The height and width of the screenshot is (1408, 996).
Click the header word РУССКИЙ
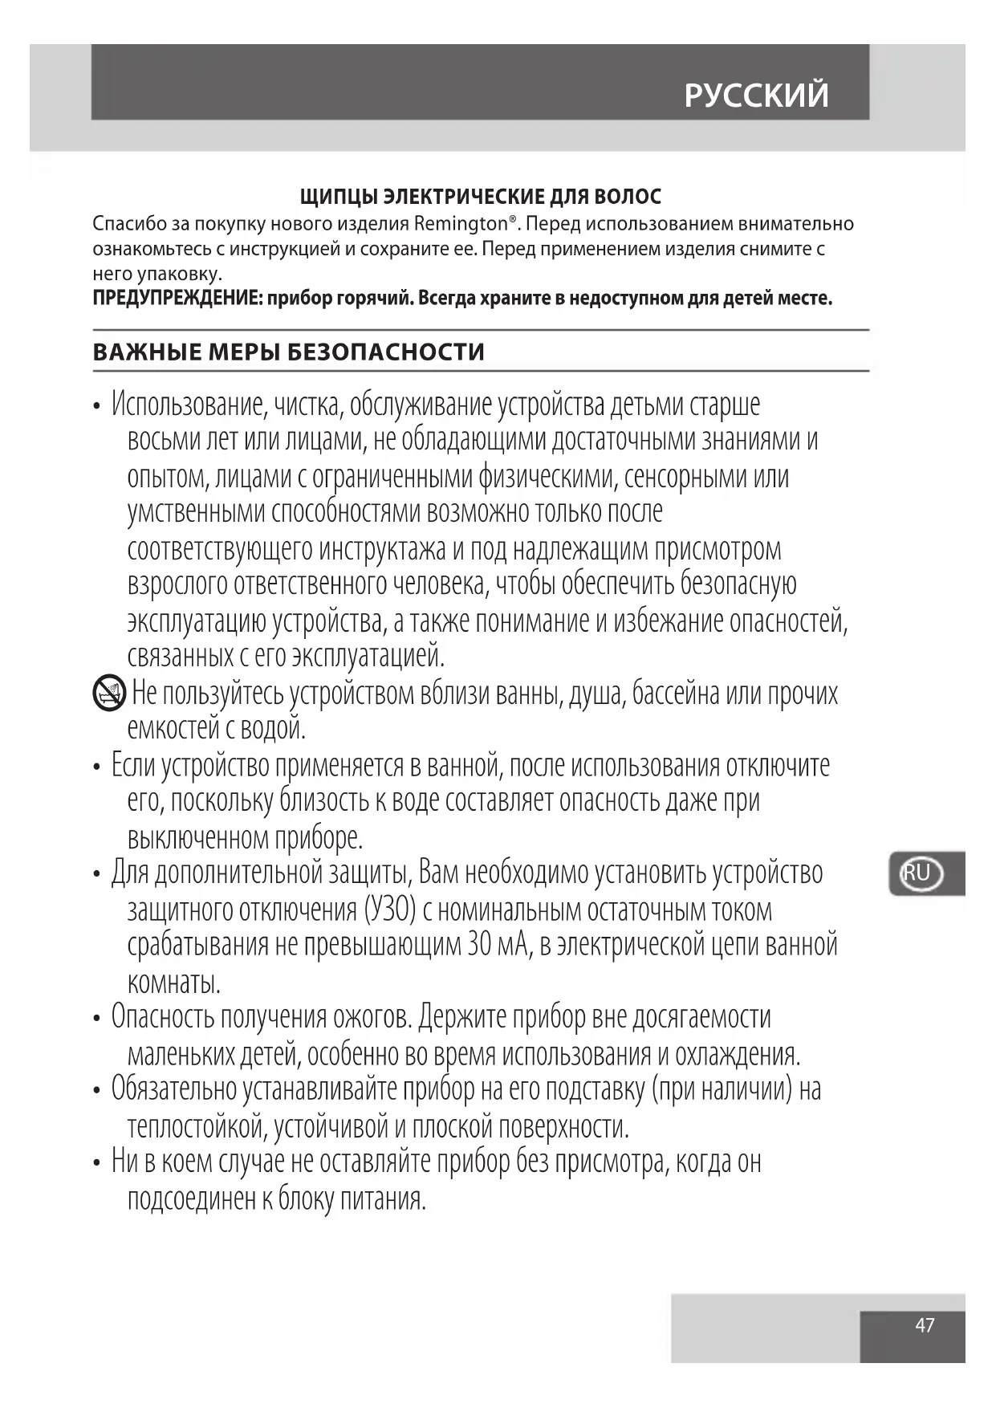(756, 95)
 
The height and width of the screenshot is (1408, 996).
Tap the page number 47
(925, 1325)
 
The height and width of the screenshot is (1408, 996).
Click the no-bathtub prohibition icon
(108, 694)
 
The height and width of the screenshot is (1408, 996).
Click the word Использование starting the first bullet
(188, 405)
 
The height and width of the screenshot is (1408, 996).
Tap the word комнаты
(173, 982)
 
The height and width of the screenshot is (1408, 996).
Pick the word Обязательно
(173, 1089)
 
